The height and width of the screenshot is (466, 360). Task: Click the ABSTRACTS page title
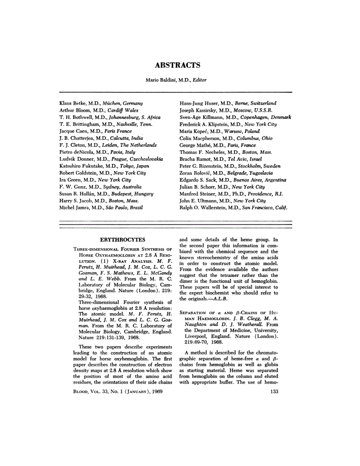click(178, 66)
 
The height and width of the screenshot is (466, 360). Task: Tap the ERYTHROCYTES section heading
click(123, 239)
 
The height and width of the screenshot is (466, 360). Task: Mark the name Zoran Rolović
click(197, 173)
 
